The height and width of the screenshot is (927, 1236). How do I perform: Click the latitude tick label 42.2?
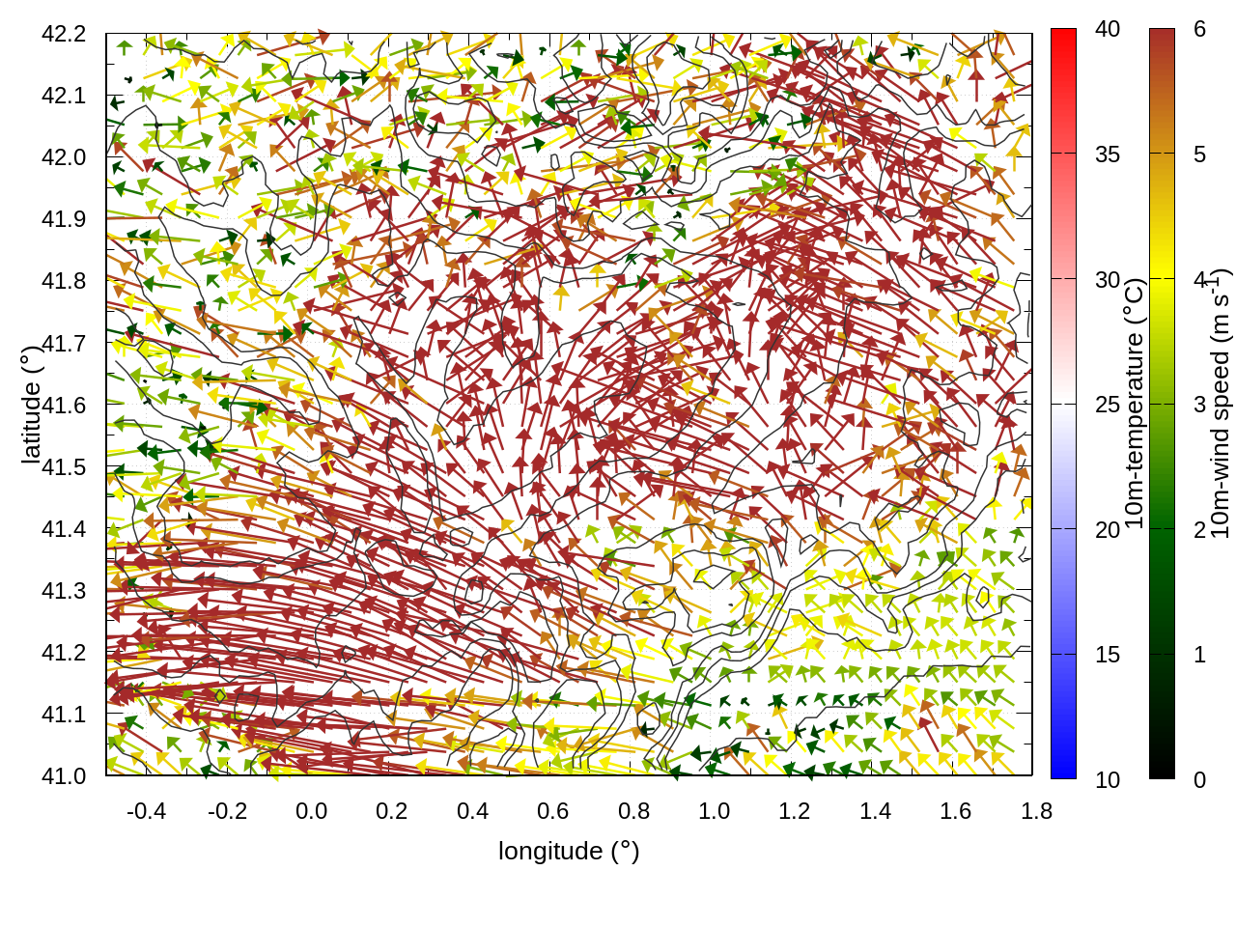(x=64, y=34)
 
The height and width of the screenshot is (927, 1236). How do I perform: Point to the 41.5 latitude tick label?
(x=64, y=467)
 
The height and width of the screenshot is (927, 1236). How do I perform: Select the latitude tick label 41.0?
(x=64, y=776)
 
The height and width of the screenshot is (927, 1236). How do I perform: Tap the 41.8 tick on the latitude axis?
(x=64, y=281)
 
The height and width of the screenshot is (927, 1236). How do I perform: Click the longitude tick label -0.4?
(x=146, y=811)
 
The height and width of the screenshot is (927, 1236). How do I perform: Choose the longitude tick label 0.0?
(x=311, y=811)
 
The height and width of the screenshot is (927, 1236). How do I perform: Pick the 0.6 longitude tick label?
(x=552, y=811)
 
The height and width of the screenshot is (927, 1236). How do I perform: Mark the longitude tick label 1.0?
(x=714, y=811)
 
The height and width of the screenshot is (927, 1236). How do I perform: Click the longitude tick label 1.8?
(x=1036, y=811)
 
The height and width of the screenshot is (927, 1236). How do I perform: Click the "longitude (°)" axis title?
(x=569, y=851)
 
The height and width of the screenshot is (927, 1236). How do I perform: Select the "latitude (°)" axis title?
(x=31, y=404)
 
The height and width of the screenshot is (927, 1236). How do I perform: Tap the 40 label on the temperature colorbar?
(x=1108, y=29)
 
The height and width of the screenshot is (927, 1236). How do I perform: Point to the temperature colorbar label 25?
(x=1108, y=405)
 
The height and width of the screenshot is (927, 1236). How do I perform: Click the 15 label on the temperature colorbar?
(x=1108, y=655)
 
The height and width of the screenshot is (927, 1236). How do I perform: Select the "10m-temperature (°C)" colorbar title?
(x=1135, y=404)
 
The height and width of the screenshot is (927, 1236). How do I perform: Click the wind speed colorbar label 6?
(x=1199, y=29)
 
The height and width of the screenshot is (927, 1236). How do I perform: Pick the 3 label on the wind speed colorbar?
(x=1199, y=405)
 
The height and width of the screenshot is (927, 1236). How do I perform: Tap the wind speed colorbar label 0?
(x=1199, y=780)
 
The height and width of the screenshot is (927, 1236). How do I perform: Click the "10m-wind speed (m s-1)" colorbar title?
(x=1221, y=404)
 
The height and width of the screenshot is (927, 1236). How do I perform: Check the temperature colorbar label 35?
(x=1108, y=154)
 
